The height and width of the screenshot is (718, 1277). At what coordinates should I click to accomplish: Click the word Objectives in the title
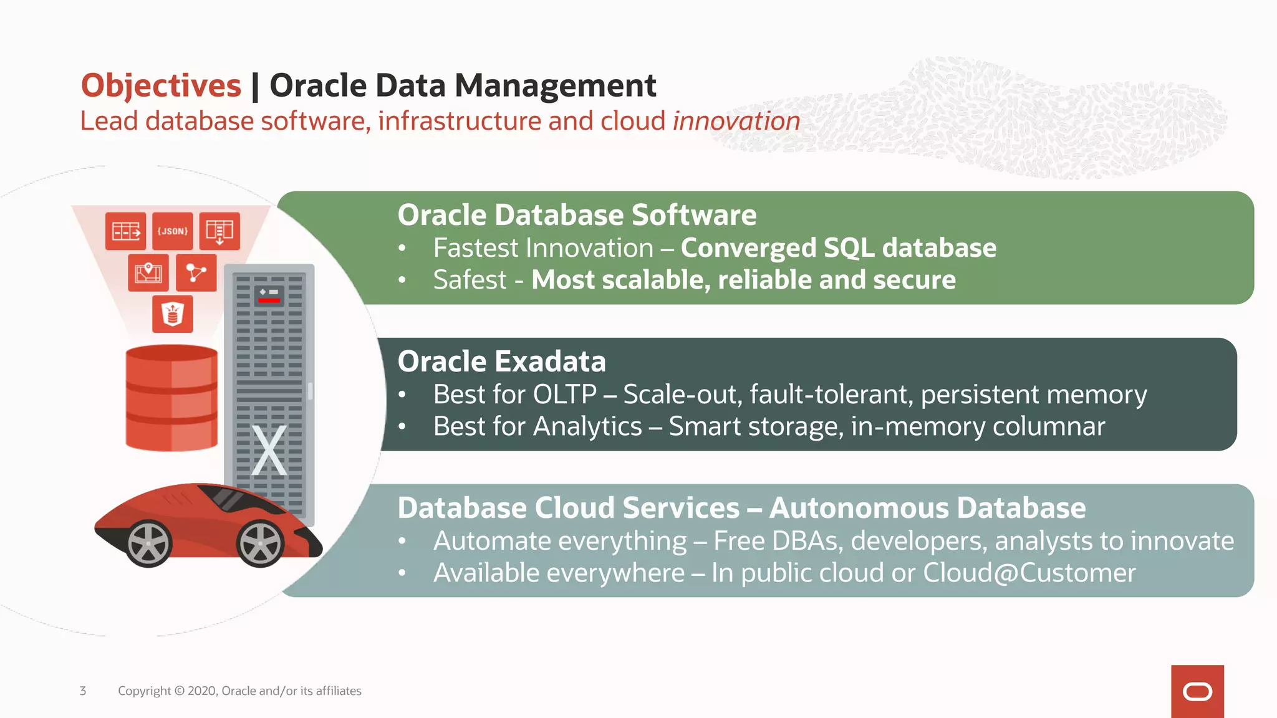click(161, 86)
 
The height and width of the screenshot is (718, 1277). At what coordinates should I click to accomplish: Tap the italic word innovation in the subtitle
click(736, 121)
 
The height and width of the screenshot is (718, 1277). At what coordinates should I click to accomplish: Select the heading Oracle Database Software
click(577, 215)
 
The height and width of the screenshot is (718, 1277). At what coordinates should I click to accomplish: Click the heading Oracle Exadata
click(501, 361)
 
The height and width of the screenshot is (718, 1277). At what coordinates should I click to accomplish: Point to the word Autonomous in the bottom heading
click(862, 508)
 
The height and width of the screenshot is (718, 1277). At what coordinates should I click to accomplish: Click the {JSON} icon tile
click(173, 231)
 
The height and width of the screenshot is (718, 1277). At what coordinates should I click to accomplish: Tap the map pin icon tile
click(148, 273)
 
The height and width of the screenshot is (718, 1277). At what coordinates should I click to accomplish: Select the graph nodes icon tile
click(196, 273)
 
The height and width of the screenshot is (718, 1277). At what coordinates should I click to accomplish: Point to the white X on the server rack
click(269, 450)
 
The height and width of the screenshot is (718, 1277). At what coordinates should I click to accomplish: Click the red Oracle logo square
click(1197, 691)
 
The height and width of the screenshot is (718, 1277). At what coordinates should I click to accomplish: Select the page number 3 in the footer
click(83, 691)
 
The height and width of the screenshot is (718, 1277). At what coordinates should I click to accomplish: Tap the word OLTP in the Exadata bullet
click(565, 395)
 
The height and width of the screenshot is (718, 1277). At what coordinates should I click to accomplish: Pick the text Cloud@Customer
click(1029, 573)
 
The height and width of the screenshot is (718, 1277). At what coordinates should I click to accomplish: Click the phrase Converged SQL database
click(838, 248)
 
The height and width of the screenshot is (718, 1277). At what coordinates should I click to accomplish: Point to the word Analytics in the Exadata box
click(587, 427)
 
